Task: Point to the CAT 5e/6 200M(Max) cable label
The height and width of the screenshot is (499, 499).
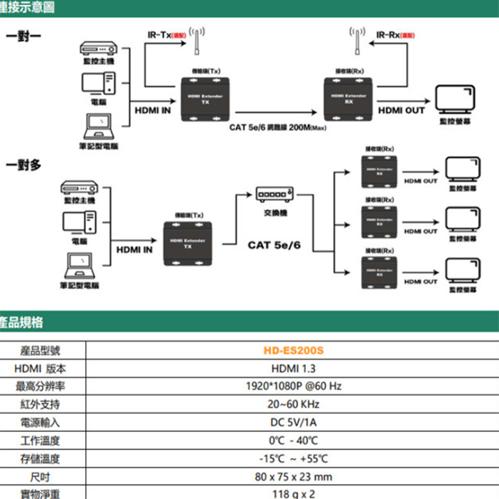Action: point(277,127)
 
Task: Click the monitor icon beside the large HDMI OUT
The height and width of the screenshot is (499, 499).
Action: point(455,98)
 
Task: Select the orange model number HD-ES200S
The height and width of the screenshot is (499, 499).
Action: point(293,351)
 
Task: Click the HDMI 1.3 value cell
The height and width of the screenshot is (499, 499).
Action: point(293,369)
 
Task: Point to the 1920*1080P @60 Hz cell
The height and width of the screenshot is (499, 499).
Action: point(293,386)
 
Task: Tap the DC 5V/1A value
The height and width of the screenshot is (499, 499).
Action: point(293,423)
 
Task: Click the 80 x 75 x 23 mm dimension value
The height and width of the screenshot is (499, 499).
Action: point(293,477)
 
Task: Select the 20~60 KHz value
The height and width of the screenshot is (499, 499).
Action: point(293,404)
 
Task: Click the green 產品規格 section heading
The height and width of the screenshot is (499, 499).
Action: point(22,322)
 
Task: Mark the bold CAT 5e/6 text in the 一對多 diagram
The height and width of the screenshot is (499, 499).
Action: point(274,245)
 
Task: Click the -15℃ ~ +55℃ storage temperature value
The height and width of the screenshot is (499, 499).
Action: point(293,459)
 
